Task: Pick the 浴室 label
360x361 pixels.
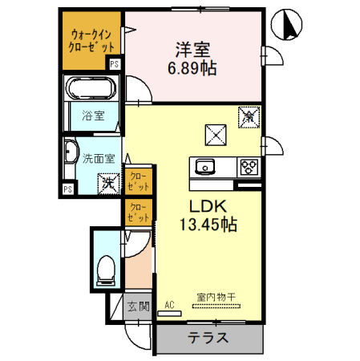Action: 92,116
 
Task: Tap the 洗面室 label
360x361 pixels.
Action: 99,157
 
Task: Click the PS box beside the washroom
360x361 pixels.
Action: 67,189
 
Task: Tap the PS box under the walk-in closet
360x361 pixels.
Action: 115,63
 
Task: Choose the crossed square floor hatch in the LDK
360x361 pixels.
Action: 215,133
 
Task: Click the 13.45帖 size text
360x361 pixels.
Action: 207,225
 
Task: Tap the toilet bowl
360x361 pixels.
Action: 104,270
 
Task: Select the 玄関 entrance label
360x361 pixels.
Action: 137,306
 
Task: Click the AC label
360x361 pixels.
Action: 169,304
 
